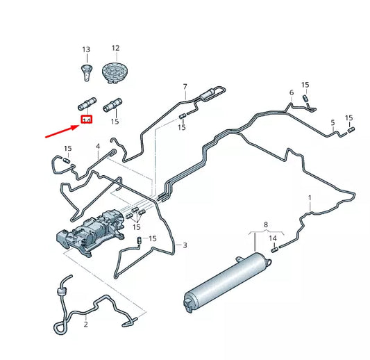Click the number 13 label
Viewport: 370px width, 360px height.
[86, 50]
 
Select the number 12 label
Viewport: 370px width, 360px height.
[115, 48]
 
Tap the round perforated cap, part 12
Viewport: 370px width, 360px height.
[112, 72]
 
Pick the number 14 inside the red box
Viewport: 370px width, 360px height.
[87, 120]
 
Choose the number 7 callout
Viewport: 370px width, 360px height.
[185, 86]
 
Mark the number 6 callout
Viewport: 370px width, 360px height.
[292, 92]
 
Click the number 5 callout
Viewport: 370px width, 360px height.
[333, 123]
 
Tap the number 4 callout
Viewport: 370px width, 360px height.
[98, 147]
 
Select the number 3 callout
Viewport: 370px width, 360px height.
[185, 245]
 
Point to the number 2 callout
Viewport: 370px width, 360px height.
[86, 325]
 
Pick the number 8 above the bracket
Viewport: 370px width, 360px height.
[264, 224]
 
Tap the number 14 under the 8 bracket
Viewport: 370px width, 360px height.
[273, 238]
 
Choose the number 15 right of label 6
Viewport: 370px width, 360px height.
[305, 85]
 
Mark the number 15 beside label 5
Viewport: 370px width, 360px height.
[349, 118]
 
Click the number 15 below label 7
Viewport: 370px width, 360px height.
[181, 128]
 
